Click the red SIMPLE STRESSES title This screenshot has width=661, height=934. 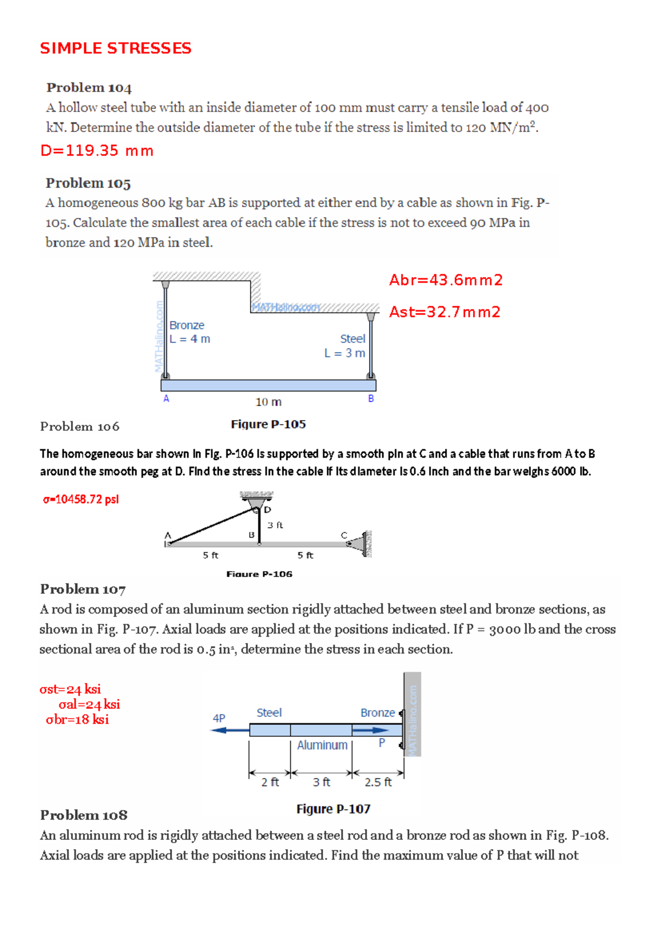pyautogui.click(x=116, y=48)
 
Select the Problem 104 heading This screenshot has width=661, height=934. pyautogui.click(x=89, y=88)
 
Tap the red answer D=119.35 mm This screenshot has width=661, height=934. pyautogui.click(x=97, y=151)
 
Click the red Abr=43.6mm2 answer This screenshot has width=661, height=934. pyautogui.click(x=446, y=280)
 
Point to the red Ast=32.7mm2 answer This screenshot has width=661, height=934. pyautogui.click(x=445, y=312)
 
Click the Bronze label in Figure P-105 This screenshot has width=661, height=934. pyautogui.click(x=187, y=325)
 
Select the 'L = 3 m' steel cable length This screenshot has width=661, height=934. pyautogui.click(x=344, y=353)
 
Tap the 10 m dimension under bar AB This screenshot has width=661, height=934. pyautogui.click(x=268, y=402)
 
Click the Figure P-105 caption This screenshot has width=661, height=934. pyautogui.click(x=268, y=424)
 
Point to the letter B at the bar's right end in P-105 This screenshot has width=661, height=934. pyautogui.click(x=371, y=398)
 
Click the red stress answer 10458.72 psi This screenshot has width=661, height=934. pyautogui.click(x=81, y=499)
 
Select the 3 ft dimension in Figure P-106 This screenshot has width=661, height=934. pyautogui.click(x=275, y=525)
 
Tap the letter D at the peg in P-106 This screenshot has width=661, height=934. pyautogui.click(x=268, y=510)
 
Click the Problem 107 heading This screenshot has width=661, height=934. pyautogui.click(x=83, y=589)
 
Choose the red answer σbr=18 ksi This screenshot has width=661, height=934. pyautogui.click(x=77, y=720)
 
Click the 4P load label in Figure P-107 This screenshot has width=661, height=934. pyautogui.click(x=219, y=718)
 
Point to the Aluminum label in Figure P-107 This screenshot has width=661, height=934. pyautogui.click(x=322, y=745)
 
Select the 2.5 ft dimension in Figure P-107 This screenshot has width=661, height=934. pyautogui.click(x=378, y=782)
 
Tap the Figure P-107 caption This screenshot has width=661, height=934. pyautogui.click(x=333, y=809)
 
